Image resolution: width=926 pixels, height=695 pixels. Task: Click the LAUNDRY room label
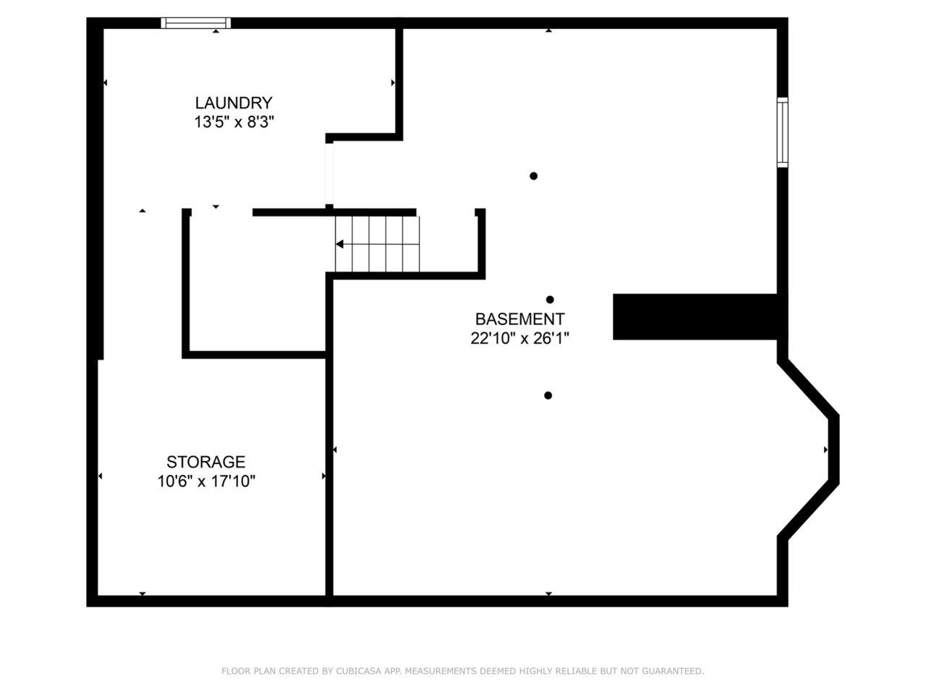point(233,103)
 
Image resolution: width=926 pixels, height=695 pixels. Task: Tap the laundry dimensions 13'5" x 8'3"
point(234,122)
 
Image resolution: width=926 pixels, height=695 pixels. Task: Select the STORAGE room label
point(206,462)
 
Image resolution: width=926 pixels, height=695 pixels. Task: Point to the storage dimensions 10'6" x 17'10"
point(206,481)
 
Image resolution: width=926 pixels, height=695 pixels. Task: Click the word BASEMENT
point(519,319)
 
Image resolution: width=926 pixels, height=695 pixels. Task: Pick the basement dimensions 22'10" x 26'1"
point(519,338)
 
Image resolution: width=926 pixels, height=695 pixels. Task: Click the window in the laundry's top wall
point(196,22)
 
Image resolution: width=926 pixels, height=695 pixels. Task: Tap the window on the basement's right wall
point(782,132)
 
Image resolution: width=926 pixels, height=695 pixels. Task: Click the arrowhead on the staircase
point(339,244)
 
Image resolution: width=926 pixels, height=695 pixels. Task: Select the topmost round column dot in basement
point(534,176)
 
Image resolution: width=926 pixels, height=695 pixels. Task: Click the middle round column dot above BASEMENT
point(550,300)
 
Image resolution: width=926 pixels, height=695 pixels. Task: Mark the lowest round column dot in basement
point(548,395)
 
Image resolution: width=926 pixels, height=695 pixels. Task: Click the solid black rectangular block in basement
point(694,317)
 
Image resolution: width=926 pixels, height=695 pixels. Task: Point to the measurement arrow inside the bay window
point(825,450)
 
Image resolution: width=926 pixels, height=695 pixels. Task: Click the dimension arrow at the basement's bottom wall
point(548,594)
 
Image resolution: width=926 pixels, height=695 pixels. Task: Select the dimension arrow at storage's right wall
point(323,476)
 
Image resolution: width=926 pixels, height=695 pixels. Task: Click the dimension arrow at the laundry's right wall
point(393,83)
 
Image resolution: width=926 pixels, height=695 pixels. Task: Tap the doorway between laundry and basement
point(329,174)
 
